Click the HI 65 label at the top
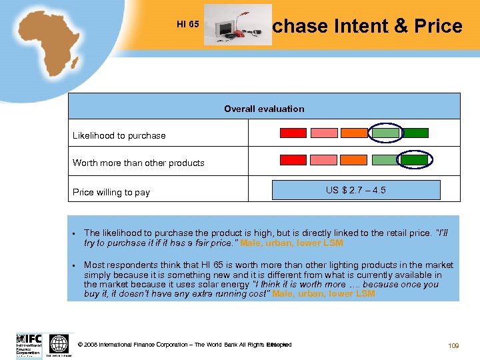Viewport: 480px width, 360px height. point(188,25)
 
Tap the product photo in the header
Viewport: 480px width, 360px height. point(237,25)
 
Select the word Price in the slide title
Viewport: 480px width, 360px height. point(438,26)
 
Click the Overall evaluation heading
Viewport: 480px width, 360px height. point(264,109)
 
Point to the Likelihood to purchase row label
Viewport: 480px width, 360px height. point(119,135)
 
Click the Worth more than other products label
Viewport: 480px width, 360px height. point(139,163)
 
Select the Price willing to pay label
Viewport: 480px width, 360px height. point(111,192)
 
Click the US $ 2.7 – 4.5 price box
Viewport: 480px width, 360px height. point(355,190)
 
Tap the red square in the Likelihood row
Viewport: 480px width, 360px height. point(293,133)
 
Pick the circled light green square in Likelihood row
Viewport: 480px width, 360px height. point(385,133)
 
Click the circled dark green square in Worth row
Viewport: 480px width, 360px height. point(415,160)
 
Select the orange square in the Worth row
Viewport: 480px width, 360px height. point(354,160)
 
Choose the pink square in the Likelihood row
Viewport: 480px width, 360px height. point(324,133)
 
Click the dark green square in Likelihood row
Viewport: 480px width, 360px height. point(416,133)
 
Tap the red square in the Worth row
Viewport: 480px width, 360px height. point(293,160)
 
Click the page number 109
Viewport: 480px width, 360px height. point(454,345)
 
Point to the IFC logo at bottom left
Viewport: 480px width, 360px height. point(29,345)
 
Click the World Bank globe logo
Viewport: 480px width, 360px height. point(59,344)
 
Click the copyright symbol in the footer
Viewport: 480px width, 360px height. point(81,345)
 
